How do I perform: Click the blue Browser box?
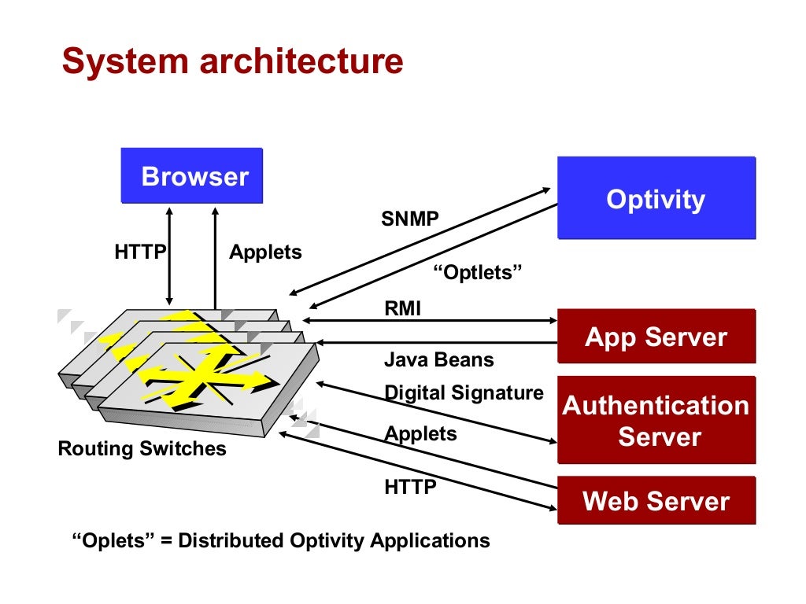(191, 177)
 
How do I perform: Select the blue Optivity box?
(656, 198)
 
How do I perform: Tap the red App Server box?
(656, 337)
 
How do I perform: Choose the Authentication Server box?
(656, 421)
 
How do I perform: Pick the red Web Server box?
(656, 501)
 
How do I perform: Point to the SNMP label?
(410, 219)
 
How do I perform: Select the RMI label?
(402, 309)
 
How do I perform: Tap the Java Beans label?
(438, 360)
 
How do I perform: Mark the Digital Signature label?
(464, 392)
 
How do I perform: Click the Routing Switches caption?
(142, 449)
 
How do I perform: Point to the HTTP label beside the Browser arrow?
(140, 252)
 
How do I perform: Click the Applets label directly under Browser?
(265, 252)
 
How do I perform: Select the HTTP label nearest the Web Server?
(410, 487)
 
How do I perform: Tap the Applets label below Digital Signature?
(420, 433)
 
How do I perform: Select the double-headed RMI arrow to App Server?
(429, 321)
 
